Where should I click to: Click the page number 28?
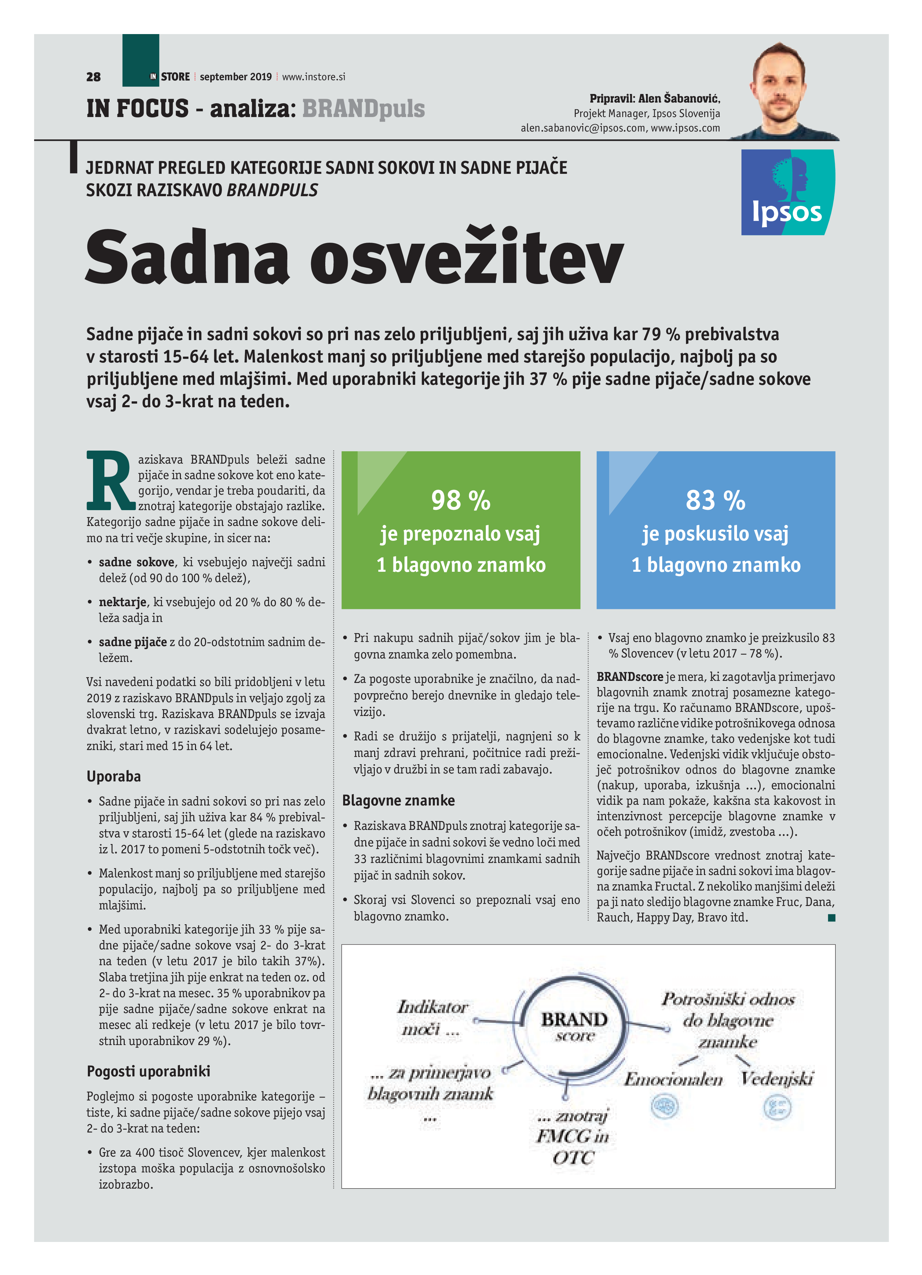coord(93,77)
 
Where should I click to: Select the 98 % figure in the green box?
coord(461,500)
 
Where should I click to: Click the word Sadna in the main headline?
coord(187,257)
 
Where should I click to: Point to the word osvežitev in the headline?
coord(467,257)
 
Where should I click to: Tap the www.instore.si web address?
coord(313,77)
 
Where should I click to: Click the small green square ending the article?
coord(831,918)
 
